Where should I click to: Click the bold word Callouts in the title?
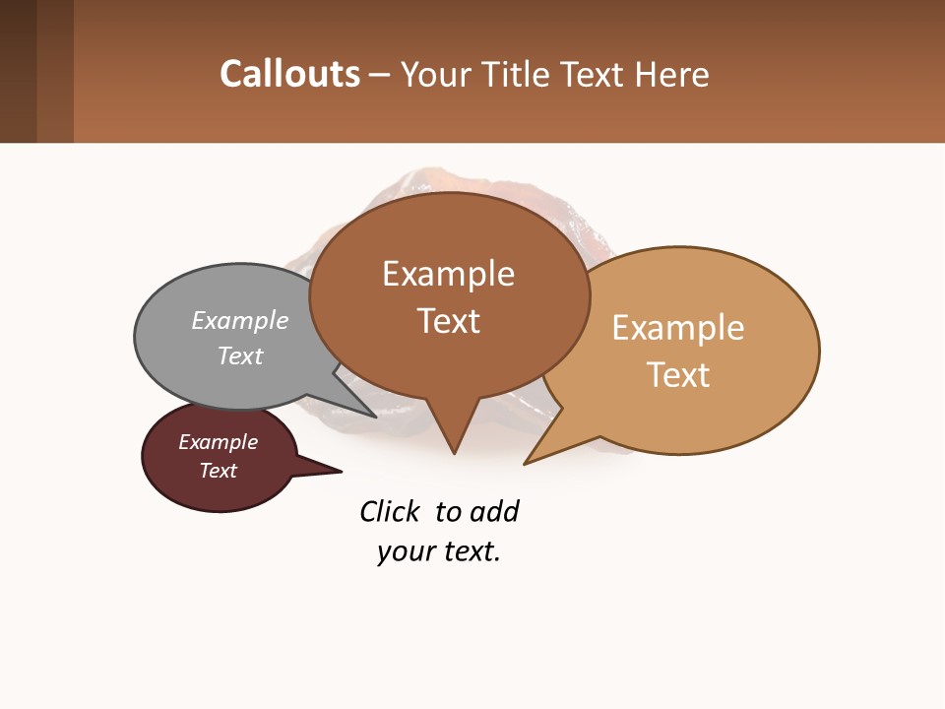coord(289,75)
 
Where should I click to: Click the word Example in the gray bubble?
coord(240,321)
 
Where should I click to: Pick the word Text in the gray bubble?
coord(240,356)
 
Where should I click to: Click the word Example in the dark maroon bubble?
coord(218,442)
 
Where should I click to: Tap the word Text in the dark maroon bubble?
coord(218,471)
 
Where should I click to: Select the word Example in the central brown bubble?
coord(448,274)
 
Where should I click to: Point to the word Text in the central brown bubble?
coord(448,321)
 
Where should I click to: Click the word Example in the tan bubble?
coord(678,328)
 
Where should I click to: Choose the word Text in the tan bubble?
coord(678,375)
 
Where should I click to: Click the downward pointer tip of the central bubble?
coord(454,452)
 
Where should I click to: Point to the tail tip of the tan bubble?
coord(526,462)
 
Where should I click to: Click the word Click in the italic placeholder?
coord(389,512)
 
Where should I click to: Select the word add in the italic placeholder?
coord(494,512)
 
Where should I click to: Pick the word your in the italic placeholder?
coord(402,551)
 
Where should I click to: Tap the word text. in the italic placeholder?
coord(467,551)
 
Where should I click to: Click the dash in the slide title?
coord(380,75)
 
